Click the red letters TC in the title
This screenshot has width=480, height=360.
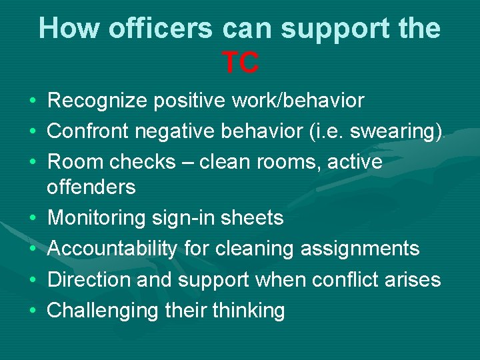click(x=240, y=63)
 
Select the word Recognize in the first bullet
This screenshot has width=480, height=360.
click(x=98, y=101)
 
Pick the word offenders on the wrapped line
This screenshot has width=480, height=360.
click(x=91, y=187)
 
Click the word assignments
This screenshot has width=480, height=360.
click(x=360, y=249)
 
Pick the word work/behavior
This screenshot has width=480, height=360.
click(x=298, y=101)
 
